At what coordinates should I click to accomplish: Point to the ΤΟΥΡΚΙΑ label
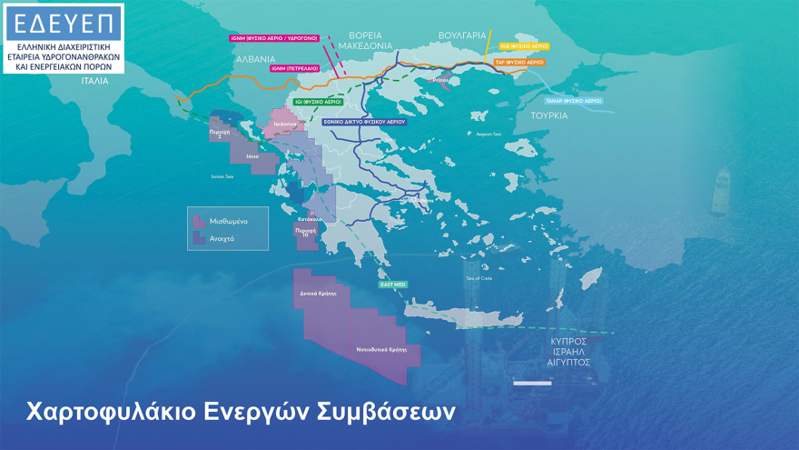coord(549,115)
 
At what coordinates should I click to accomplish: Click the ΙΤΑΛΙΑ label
coord(94,81)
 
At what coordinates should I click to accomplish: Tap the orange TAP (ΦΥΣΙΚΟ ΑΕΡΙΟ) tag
coord(518,63)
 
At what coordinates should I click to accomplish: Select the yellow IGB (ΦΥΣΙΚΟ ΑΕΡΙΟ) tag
coord(524,45)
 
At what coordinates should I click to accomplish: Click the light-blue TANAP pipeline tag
coord(573,101)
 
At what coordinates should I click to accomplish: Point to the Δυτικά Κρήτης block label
coord(318,294)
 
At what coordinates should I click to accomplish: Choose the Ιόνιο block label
coord(252,156)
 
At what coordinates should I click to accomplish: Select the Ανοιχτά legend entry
coord(222,238)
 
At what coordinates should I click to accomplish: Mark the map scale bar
coord(532,382)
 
